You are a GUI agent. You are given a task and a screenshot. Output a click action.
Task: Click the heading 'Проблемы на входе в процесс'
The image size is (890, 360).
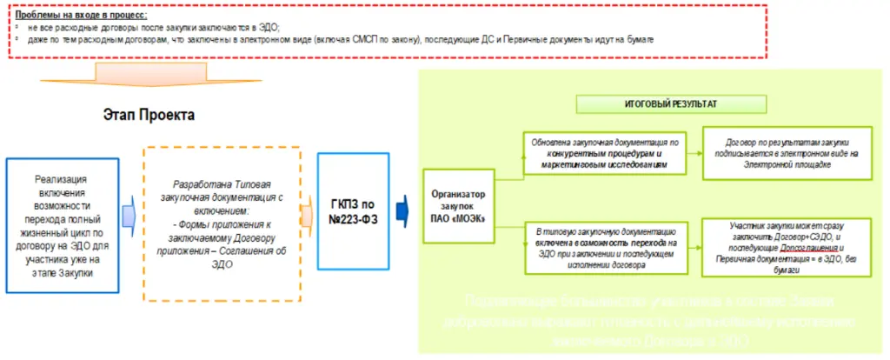[82, 15]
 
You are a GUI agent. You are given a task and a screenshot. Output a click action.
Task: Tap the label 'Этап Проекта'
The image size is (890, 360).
[148, 115]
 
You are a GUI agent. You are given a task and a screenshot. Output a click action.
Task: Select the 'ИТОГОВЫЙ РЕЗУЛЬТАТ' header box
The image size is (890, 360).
[670, 103]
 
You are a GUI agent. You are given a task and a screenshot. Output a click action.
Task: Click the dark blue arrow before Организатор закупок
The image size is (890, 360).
[402, 209]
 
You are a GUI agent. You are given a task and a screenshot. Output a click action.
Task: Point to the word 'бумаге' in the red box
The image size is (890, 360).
[637, 39]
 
